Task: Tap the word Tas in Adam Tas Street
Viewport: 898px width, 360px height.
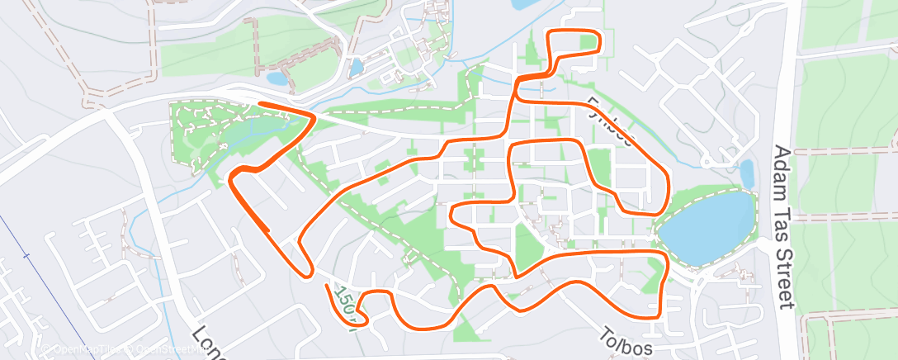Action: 783,218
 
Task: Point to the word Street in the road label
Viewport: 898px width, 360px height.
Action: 785,272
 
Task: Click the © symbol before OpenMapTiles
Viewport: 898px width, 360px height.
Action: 49,351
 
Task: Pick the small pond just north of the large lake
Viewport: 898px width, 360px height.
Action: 747,174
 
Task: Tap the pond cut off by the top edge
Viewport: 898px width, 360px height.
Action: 526,4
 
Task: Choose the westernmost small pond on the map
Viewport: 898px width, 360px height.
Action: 276,79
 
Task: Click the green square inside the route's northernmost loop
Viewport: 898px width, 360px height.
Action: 588,41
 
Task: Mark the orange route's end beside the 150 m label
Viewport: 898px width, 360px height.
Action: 328,287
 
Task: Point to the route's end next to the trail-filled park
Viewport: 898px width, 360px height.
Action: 261,104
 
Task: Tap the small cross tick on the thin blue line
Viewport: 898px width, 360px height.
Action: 26,256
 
